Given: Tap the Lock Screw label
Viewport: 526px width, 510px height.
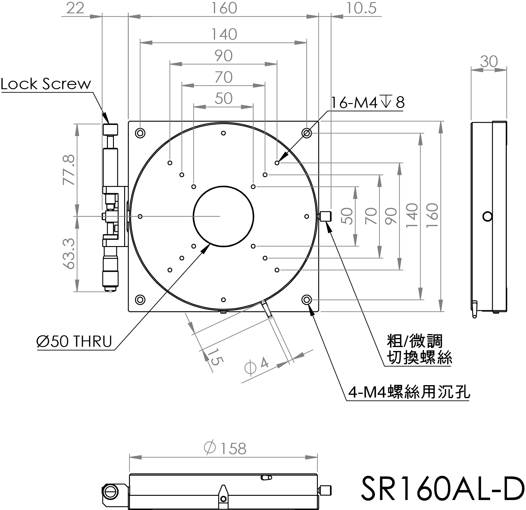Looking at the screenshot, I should [x=46, y=84].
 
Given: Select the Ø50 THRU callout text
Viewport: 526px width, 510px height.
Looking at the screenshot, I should [x=74, y=341].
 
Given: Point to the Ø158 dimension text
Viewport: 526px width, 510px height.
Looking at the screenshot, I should [x=225, y=448].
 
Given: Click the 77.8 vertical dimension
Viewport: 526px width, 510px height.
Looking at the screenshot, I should [x=69, y=170].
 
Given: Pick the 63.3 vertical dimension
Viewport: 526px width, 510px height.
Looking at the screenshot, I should [x=69, y=253].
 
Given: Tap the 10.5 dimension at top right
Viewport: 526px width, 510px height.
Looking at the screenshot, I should [x=361, y=8].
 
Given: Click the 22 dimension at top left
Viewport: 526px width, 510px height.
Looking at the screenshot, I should [x=75, y=8].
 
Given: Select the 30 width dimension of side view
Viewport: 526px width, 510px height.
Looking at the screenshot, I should [x=489, y=62].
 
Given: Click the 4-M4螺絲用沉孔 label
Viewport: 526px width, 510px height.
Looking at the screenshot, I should [x=409, y=392].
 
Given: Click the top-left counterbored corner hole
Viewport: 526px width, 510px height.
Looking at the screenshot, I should [x=140, y=133].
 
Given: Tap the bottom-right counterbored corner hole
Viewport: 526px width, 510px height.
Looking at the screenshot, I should [x=307, y=300].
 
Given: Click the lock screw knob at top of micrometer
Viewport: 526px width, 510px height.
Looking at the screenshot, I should [x=110, y=129].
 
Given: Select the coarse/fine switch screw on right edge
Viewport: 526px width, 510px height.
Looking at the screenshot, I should [x=326, y=216].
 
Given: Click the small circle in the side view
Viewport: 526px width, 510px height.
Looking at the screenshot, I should [x=487, y=216].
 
